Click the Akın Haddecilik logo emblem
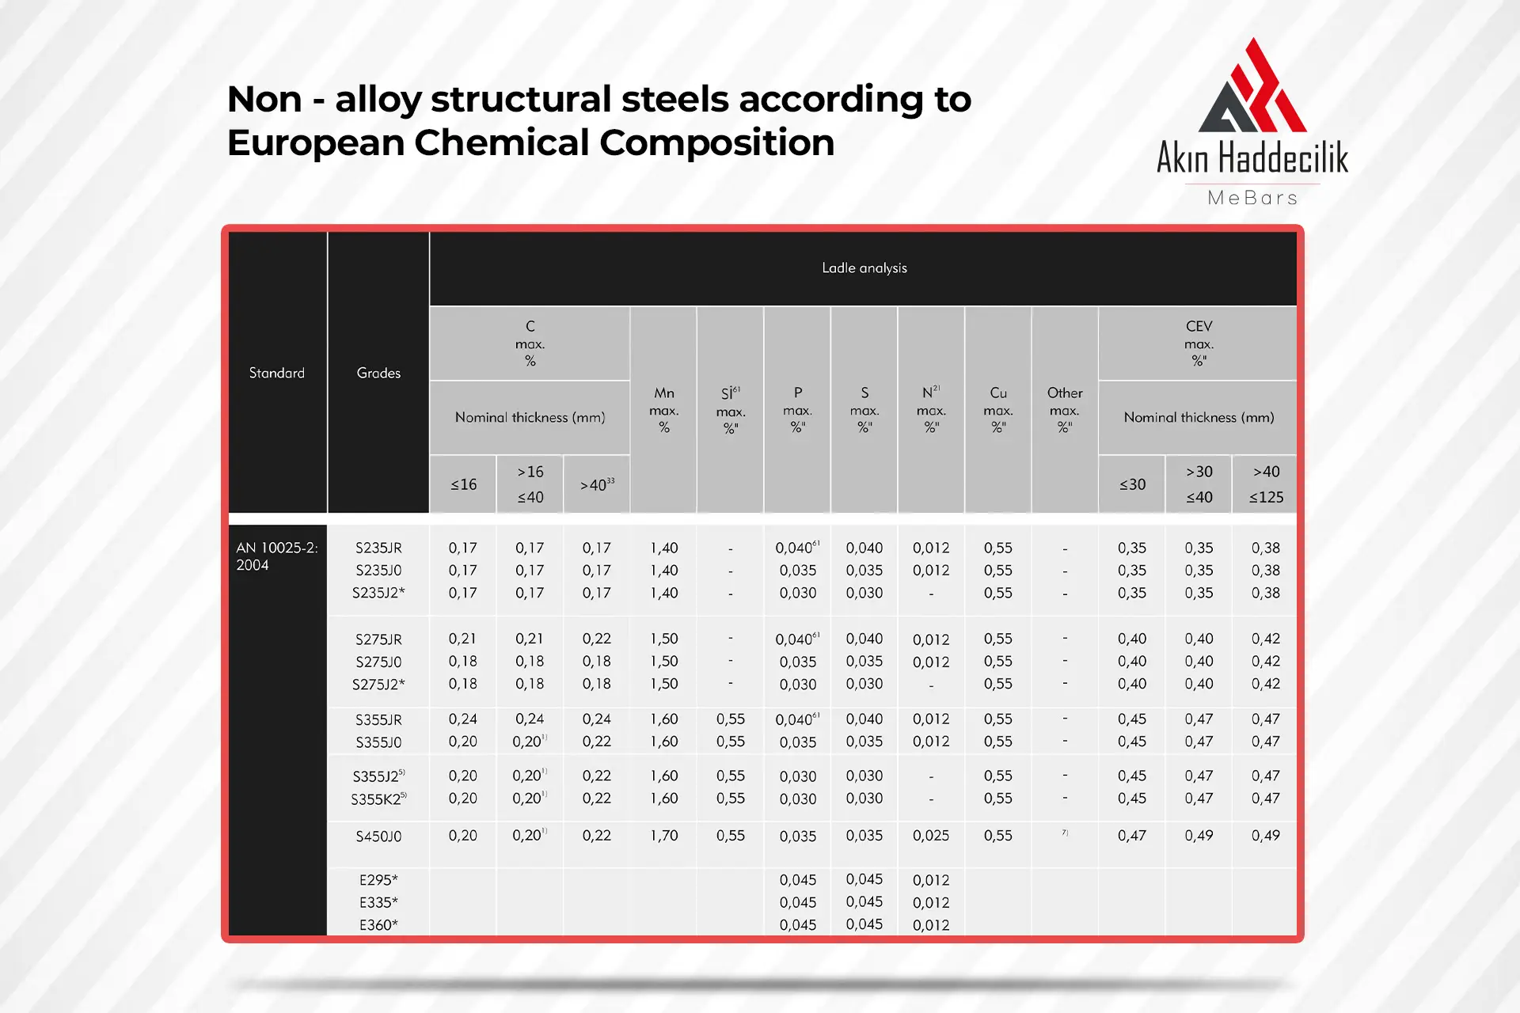point(1252,87)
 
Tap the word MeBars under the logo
point(1252,198)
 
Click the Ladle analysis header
point(864,268)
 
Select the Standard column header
point(277,373)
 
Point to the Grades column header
point(378,373)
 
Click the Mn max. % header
point(664,410)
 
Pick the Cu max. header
point(998,410)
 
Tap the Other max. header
point(1065,410)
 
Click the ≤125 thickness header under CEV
point(1266,497)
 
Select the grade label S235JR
point(378,548)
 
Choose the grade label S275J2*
point(378,684)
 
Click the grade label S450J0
point(378,836)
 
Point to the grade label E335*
point(378,902)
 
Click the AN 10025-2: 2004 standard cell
point(277,556)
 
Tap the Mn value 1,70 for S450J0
point(664,836)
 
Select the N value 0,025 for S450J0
point(931,836)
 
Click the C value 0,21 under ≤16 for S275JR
point(463,639)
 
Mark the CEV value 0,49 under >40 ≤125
point(1266,836)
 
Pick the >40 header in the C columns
point(597,484)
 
